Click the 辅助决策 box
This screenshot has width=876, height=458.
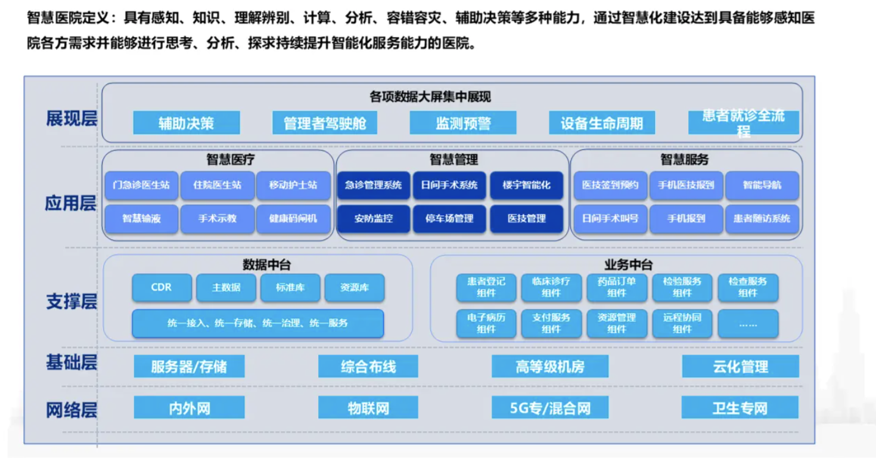point(187,123)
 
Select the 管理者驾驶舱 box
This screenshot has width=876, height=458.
point(325,123)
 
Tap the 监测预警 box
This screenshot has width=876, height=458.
point(463,123)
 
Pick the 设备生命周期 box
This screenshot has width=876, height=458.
point(602,123)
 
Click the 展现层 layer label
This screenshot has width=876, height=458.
point(72,119)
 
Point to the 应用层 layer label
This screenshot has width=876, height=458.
point(71,203)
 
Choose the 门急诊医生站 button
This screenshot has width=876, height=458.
point(141,185)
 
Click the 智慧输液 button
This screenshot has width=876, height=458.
point(141,218)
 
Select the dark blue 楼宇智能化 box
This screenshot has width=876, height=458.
point(526,185)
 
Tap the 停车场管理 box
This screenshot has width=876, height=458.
point(449,218)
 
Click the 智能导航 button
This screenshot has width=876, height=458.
point(762,185)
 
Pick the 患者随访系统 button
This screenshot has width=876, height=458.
point(762,218)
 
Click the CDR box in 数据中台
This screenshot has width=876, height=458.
point(161,287)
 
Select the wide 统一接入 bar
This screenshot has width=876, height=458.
point(257,323)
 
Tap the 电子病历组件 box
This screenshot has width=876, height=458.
point(486,323)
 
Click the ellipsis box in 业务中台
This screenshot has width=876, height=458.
point(748,323)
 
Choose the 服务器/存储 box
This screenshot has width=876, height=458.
point(190,366)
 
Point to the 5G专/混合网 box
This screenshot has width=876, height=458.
point(550,407)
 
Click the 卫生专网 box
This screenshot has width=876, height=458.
point(740,407)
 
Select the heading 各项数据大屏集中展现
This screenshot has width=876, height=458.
point(430,97)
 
